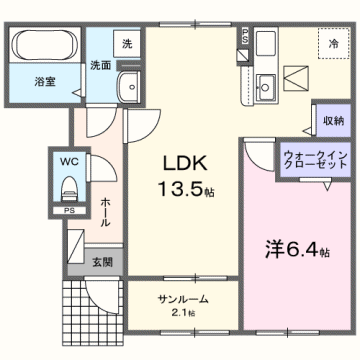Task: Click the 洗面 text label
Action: pos(100,67)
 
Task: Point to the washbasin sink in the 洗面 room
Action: pos(127,87)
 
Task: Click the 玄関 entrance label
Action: pos(104,262)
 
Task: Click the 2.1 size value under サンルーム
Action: pos(182,314)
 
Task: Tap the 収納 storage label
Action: pos(332,119)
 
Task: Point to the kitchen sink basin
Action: pos(266,83)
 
